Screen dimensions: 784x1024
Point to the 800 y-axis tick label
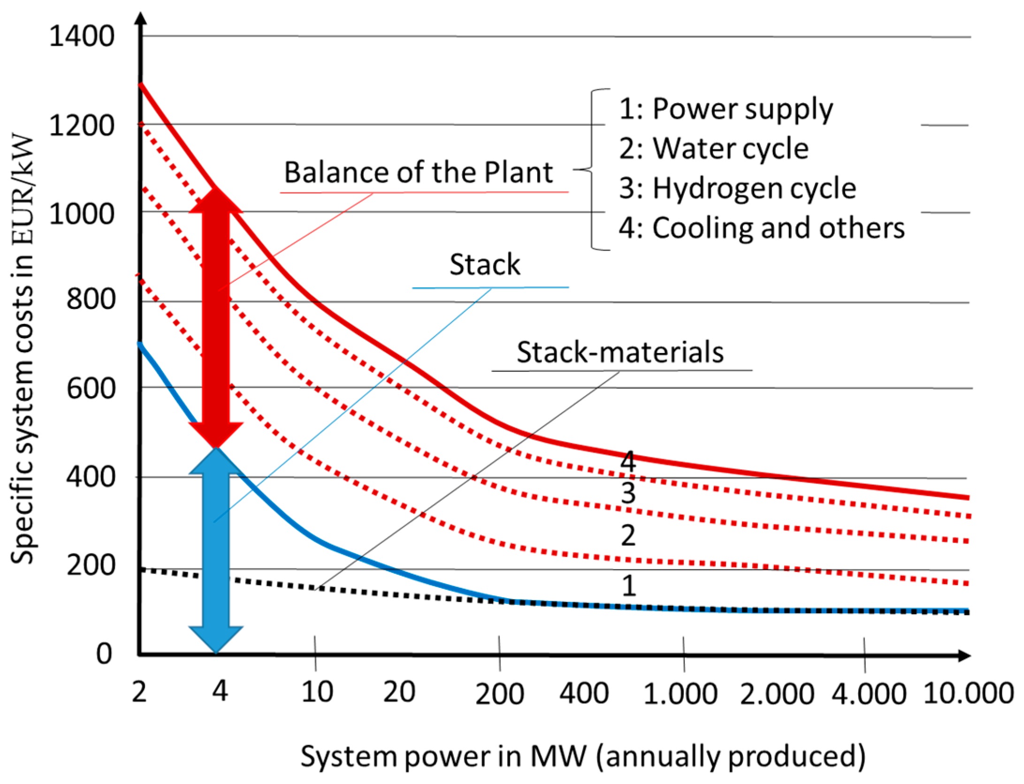91,299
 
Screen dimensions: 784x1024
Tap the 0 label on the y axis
104,653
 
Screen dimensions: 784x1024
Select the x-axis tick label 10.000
968,692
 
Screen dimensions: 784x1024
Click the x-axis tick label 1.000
680,693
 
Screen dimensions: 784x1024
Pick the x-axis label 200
499,693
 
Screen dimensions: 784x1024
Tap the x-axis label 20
399,692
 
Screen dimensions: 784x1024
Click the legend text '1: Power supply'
726,109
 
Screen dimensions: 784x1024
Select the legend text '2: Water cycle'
714,149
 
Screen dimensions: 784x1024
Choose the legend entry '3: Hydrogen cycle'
737,188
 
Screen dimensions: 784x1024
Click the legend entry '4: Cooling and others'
761,228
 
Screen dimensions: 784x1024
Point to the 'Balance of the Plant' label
419,172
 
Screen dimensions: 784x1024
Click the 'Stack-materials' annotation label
620,352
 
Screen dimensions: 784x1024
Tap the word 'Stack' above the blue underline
485,264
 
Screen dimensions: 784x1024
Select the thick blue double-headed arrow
216,549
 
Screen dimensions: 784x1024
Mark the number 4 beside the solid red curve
628,461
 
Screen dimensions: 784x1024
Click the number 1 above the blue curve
629,586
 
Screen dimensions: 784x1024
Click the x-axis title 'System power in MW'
583,756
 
